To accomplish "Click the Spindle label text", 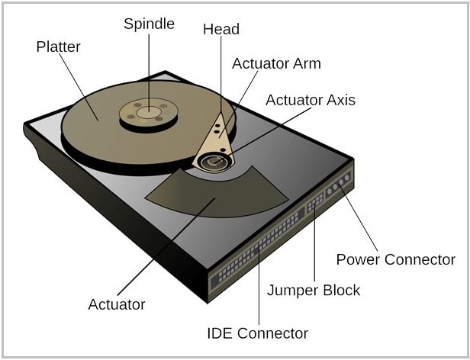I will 149,24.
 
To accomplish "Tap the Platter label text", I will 59,47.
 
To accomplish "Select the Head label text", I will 221,30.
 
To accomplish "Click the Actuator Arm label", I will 276,63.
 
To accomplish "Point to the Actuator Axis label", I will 311,100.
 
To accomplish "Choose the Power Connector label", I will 395,259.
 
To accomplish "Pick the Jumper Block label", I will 313,290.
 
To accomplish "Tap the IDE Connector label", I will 258,333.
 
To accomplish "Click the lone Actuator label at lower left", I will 117,304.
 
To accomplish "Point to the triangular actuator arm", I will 217,133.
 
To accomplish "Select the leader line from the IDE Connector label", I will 259,290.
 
